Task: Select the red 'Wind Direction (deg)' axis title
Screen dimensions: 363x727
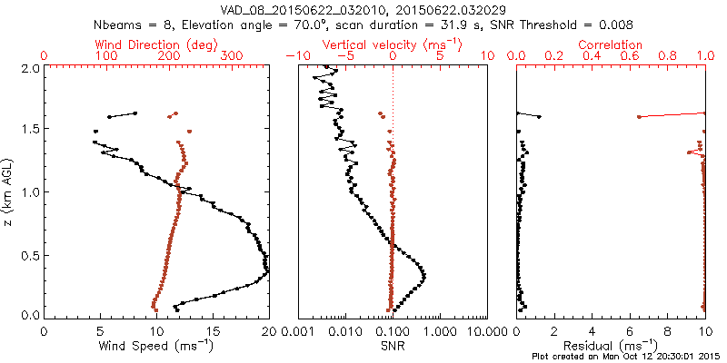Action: pos(155,44)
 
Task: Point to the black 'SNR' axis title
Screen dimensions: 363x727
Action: pos(392,346)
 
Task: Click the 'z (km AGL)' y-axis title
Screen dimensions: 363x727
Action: pos(10,191)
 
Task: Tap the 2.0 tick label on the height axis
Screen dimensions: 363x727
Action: pos(30,68)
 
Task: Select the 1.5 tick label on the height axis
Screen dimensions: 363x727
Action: pos(30,130)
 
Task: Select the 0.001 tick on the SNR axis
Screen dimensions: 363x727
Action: pos(298,331)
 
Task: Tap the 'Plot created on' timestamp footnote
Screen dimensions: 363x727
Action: pos(627,357)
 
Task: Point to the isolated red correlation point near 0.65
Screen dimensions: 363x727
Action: pos(640,116)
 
